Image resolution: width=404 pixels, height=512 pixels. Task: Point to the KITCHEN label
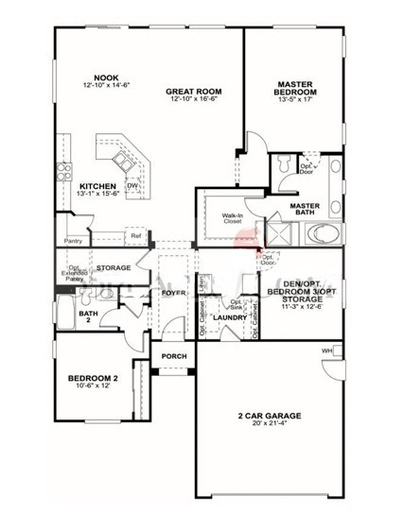pos(98,185)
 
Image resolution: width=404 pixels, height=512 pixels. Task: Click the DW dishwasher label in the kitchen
pos(133,186)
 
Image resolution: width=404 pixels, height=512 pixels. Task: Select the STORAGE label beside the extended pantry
pos(113,267)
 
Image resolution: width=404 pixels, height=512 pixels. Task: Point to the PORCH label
pos(174,356)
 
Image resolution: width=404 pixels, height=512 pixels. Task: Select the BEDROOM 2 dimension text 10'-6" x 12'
pos(95,385)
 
